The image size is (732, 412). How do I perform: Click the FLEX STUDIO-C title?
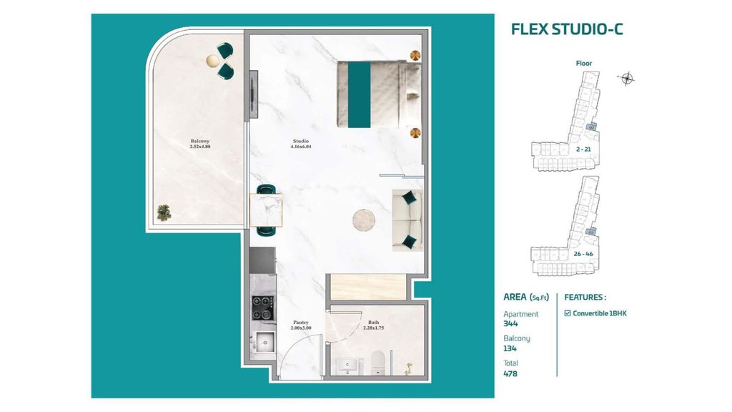tap(567, 29)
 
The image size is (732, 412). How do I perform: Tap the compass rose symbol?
tap(626, 79)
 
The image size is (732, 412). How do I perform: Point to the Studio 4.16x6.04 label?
tap(301, 143)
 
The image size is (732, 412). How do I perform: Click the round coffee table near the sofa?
tap(364, 220)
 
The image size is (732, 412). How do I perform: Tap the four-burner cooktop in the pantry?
tap(263, 308)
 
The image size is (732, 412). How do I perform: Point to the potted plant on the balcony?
tap(164, 212)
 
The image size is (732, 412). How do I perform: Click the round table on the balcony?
tap(213, 61)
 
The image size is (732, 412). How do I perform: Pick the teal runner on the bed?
tap(359, 94)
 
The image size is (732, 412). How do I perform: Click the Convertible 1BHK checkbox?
tap(567, 313)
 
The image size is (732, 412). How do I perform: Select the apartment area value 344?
tap(510, 324)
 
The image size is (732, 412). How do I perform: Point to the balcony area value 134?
tap(510, 348)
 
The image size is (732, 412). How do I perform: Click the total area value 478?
tap(510, 373)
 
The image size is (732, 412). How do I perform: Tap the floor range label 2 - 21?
tap(583, 149)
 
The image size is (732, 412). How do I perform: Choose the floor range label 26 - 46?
tap(583, 254)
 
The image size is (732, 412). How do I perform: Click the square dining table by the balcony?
tap(266, 210)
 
